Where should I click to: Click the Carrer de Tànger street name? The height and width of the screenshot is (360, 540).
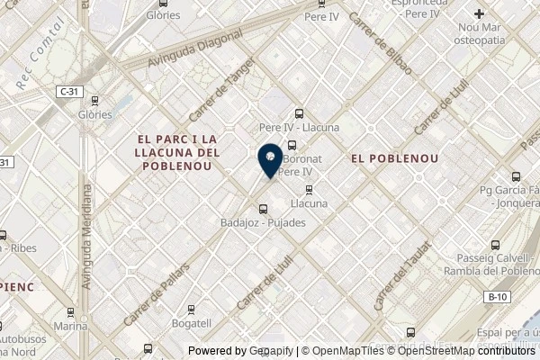[216, 98]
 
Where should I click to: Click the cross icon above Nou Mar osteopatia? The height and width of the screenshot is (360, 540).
[480, 13]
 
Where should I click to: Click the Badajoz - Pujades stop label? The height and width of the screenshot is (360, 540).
[263, 221]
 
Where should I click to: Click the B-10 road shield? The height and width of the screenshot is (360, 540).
[495, 296]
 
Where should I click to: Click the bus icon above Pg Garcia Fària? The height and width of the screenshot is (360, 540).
[516, 176]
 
